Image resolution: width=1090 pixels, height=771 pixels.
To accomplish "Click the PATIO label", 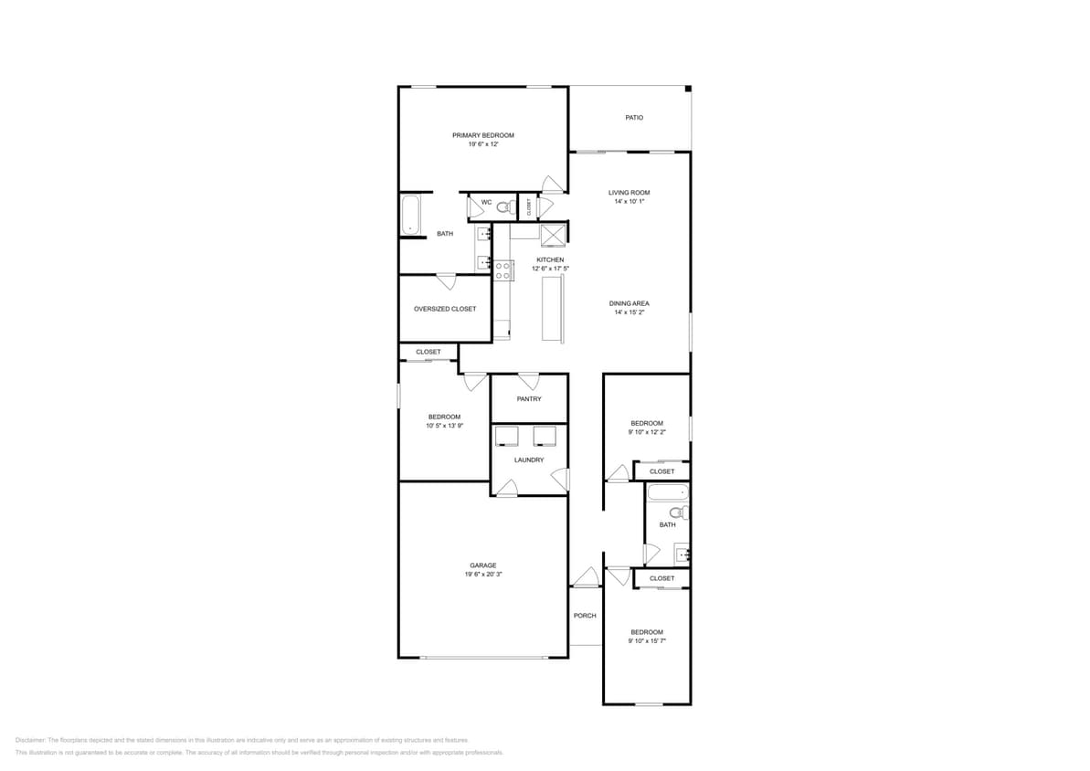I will tap(633, 118).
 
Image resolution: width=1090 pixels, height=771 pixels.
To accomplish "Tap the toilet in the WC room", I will tap(503, 208).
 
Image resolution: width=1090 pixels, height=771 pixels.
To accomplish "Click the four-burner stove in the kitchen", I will tap(503, 269).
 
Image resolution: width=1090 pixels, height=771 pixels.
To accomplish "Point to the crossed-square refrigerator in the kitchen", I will tap(553, 235).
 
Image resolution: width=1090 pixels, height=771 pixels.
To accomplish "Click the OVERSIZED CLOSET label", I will tap(444, 309).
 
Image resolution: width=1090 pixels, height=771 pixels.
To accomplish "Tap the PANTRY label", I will tap(528, 399).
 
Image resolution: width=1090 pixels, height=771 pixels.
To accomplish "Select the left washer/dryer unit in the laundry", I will tap(507, 436).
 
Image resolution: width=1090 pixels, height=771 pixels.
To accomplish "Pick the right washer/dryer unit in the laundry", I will tap(545, 436).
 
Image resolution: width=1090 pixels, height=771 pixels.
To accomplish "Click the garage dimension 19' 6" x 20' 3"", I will tap(482, 575).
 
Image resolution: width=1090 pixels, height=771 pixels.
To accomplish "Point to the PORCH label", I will tap(585, 616).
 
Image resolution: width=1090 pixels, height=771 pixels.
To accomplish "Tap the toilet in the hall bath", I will tap(678, 513).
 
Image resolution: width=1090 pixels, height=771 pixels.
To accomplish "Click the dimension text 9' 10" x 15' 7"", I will tap(646, 641).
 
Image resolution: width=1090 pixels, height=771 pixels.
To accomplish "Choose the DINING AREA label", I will tap(629, 303).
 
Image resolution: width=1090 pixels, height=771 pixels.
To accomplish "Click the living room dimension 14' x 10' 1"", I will tap(629, 202).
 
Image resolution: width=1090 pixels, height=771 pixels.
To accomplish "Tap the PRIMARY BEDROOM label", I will tap(482, 135).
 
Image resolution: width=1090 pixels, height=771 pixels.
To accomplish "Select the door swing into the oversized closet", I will tap(447, 281).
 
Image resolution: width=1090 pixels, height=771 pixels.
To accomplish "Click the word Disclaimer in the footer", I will tap(31, 740).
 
